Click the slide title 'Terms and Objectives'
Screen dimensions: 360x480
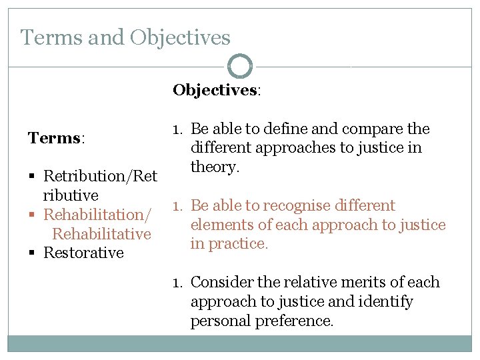click(125, 37)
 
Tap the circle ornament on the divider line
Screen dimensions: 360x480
click(240, 67)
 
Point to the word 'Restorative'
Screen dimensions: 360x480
click(83, 253)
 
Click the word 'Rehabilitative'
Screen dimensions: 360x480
click(101, 234)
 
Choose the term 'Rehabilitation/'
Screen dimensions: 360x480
click(97, 215)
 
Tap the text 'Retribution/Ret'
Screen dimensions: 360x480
click(100, 177)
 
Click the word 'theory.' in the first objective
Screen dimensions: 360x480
click(215, 167)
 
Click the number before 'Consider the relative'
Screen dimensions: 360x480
click(177, 282)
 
